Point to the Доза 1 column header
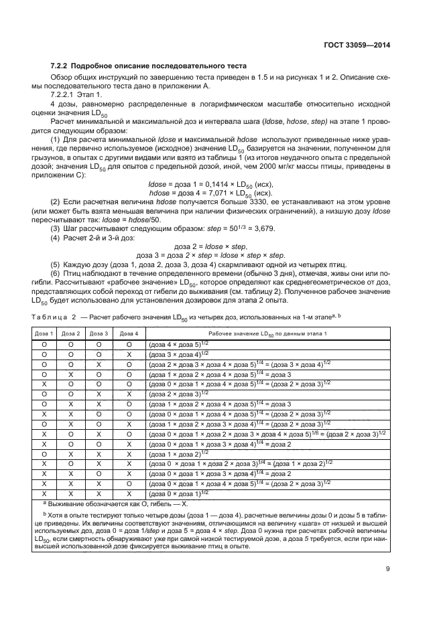tap(44, 333)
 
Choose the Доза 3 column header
tap(99, 333)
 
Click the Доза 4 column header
tap(127, 333)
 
